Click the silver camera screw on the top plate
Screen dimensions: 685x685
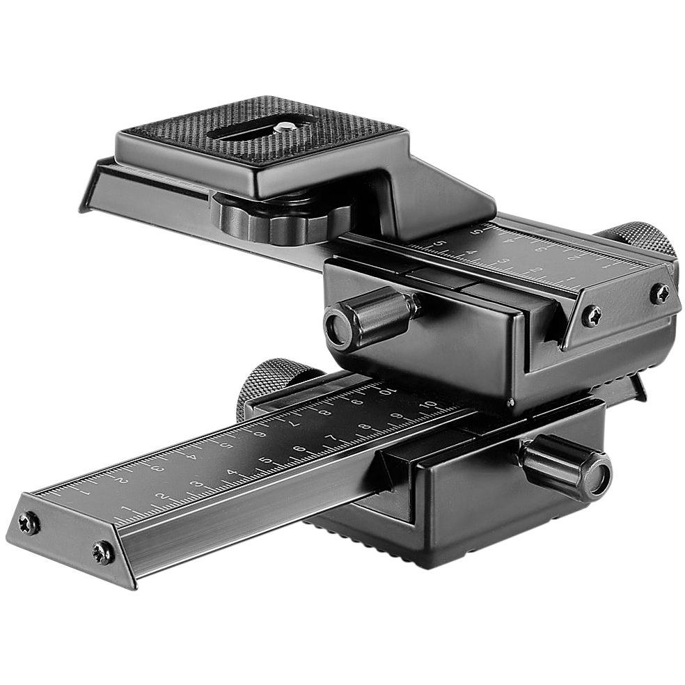point(286,127)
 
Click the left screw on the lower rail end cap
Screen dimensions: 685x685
point(29,523)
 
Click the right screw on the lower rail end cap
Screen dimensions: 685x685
point(102,553)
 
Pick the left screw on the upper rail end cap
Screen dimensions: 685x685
point(592,315)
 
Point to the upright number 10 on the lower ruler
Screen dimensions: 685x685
point(430,405)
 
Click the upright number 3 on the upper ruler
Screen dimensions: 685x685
point(503,262)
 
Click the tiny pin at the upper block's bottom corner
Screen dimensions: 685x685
point(510,402)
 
